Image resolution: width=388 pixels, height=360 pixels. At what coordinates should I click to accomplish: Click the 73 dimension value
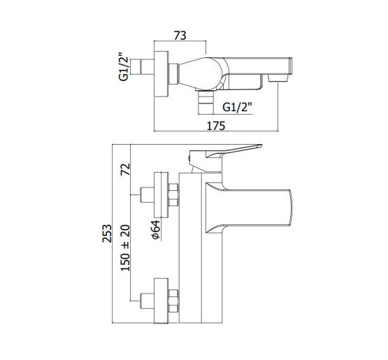(x=180, y=36)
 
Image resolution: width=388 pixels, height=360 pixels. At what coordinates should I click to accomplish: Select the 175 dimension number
(x=216, y=126)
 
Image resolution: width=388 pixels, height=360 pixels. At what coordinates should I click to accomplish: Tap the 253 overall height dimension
(x=107, y=233)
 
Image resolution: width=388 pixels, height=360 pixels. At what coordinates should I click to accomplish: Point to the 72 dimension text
(x=125, y=169)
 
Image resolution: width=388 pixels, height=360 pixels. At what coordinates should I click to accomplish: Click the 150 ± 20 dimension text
(x=125, y=247)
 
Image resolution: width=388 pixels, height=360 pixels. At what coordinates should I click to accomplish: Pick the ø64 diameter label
(x=156, y=229)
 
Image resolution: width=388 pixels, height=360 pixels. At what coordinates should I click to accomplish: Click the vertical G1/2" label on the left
(x=124, y=67)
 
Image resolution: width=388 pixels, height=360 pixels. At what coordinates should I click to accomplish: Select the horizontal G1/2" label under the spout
(x=237, y=107)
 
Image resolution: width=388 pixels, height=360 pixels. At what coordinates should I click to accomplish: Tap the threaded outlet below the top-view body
(x=206, y=102)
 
